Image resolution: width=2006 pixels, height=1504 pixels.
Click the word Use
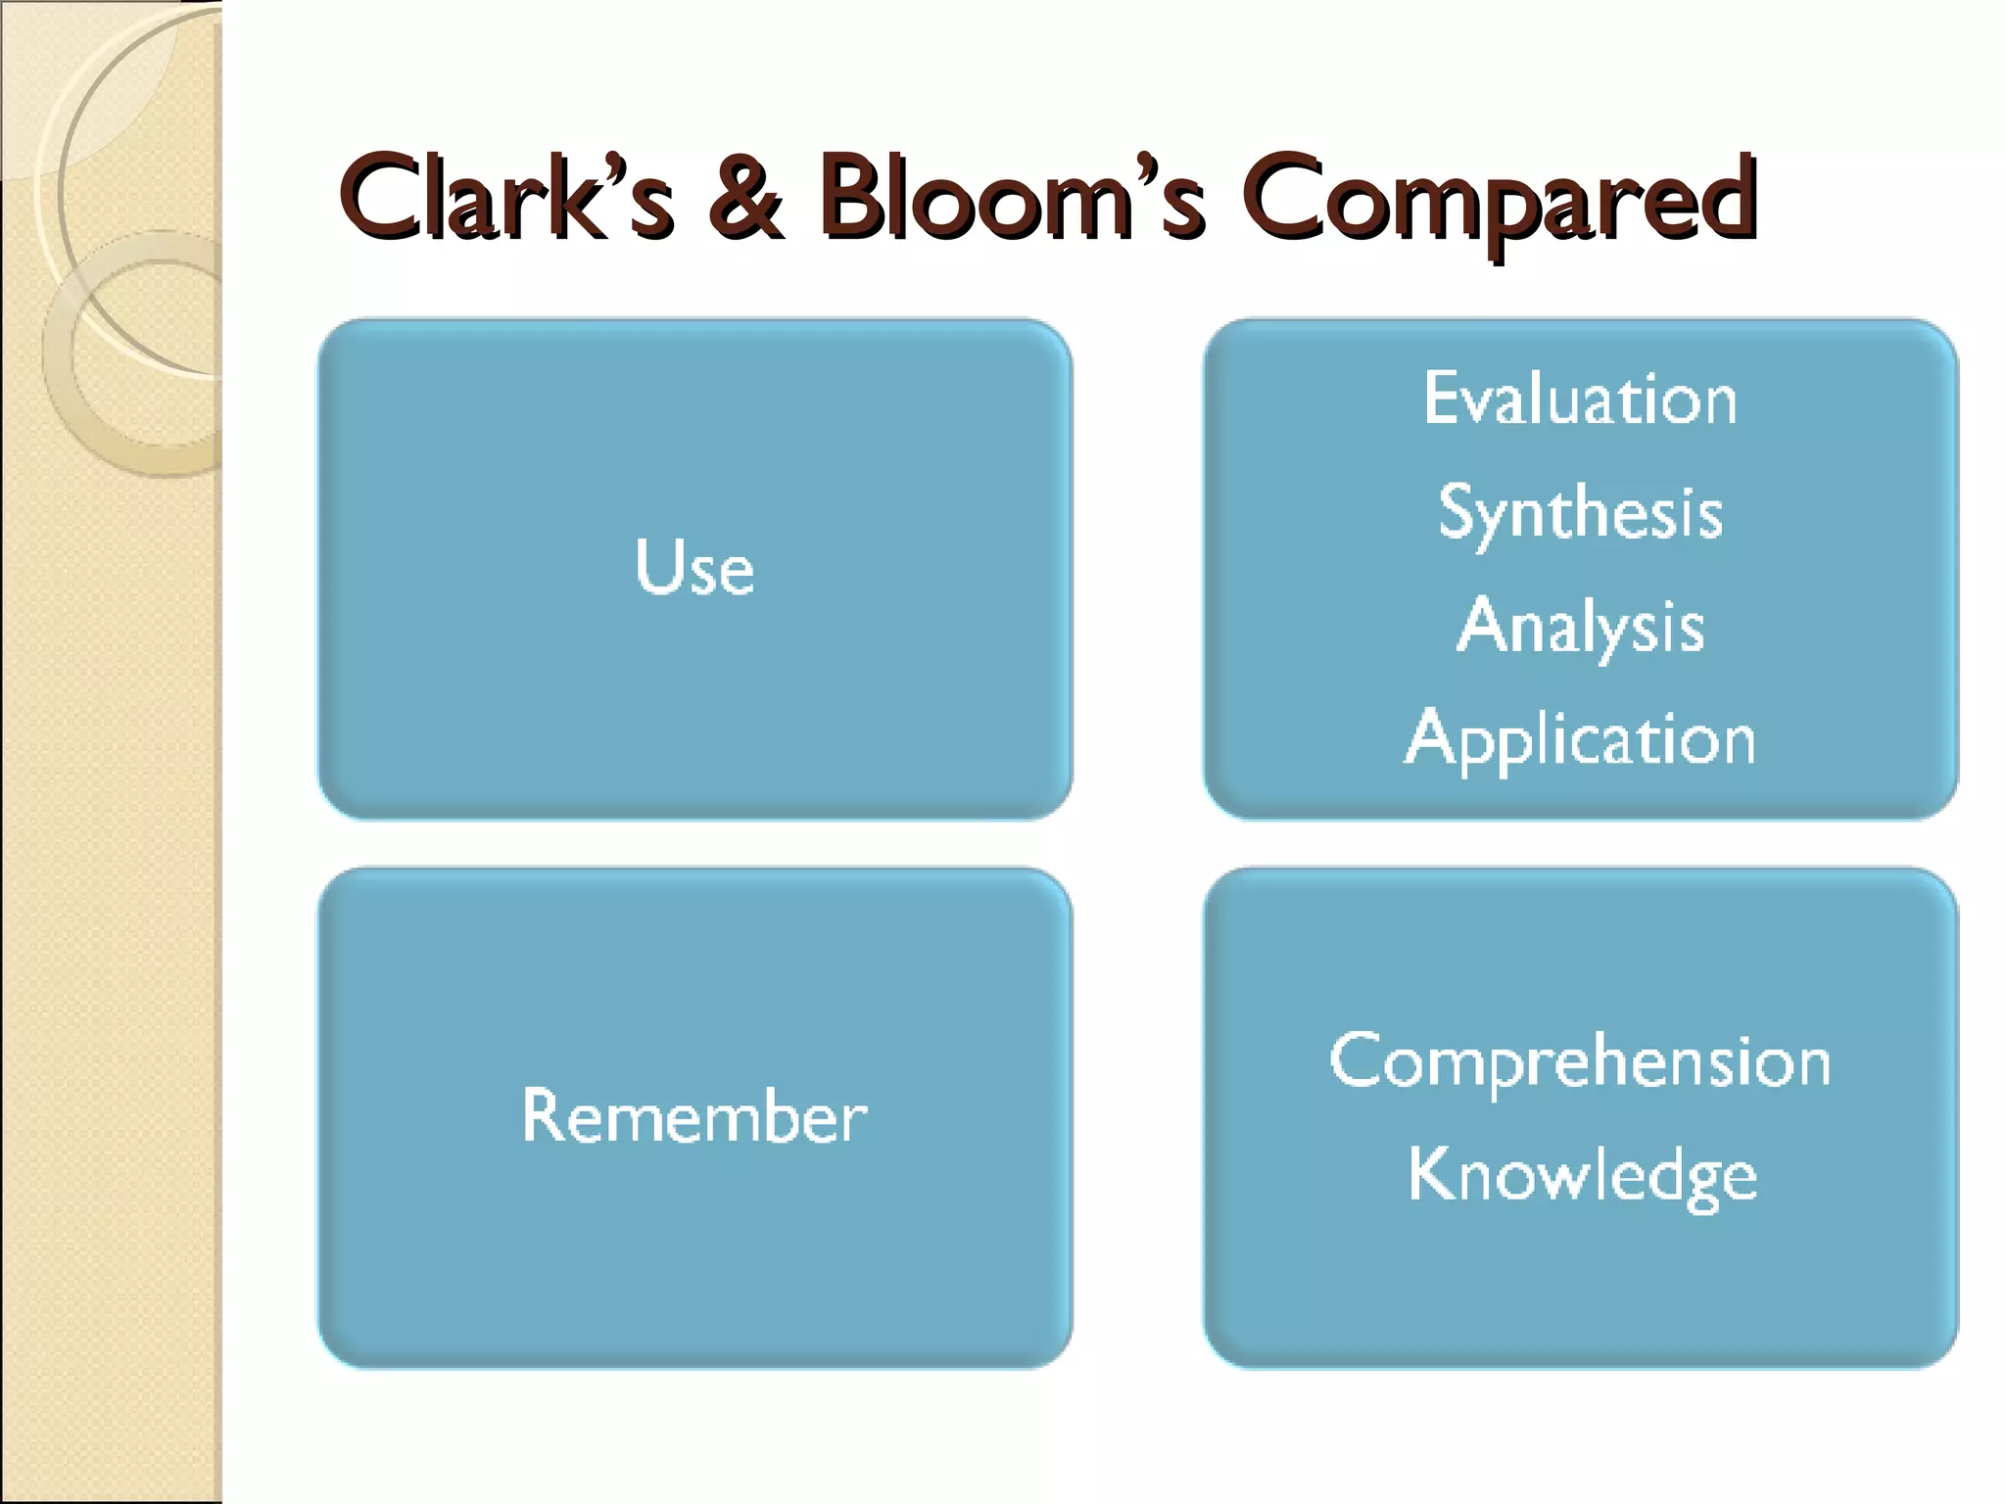[x=694, y=568]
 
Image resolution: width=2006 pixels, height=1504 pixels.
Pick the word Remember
[x=694, y=1116]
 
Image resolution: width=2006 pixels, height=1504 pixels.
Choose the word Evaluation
[x=1580, y=399]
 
